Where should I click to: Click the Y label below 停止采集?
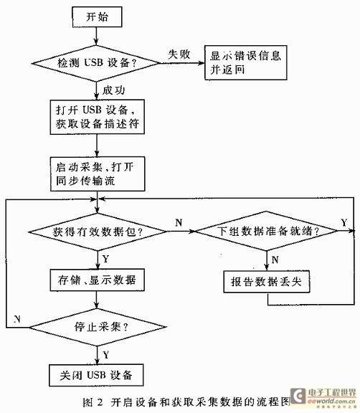[105, 353]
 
